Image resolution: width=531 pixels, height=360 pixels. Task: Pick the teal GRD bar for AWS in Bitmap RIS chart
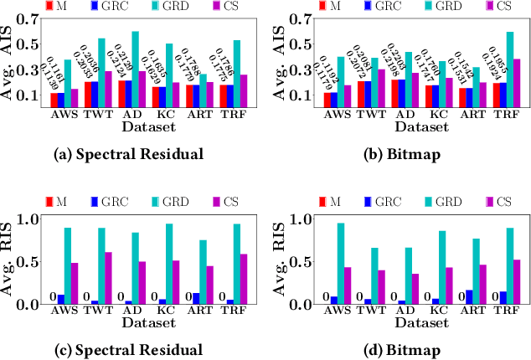[x=341, y=262]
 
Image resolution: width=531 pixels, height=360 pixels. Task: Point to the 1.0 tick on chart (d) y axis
[x=305, y=220]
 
